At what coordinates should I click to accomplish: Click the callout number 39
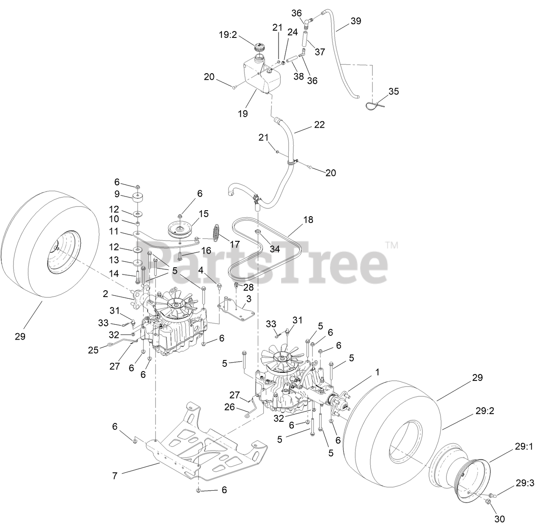point(356,21)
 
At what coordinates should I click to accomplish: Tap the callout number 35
point(394,91)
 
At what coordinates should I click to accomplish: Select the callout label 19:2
point(228,35)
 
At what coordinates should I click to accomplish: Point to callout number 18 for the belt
point(308,220)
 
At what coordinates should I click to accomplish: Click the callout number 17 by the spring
point(234,244)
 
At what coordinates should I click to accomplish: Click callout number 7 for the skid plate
point(114,476)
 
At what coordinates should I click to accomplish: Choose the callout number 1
point(377,372)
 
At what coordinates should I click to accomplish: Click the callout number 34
point(275,249)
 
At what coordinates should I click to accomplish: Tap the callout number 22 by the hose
point(319,125)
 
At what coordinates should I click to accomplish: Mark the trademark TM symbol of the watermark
point(392,245)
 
